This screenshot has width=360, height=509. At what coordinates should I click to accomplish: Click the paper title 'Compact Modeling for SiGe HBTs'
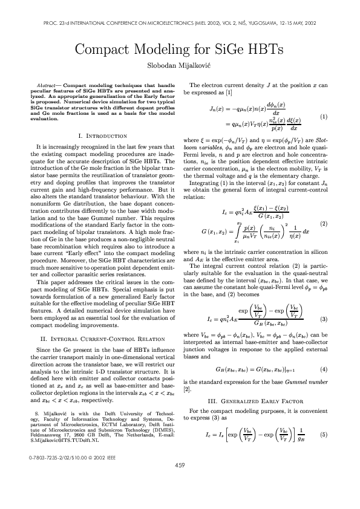click(x=180, y=50)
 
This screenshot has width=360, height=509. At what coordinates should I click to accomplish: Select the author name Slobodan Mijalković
click(x=180, y=65)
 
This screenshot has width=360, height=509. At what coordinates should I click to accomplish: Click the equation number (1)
click(x=324, y=116)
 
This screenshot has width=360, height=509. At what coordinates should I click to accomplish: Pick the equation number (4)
click(x=324, y=369)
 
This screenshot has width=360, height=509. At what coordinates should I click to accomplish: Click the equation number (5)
click(x=324, y=434)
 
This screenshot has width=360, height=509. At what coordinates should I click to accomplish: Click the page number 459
click(x=180, y=482)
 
